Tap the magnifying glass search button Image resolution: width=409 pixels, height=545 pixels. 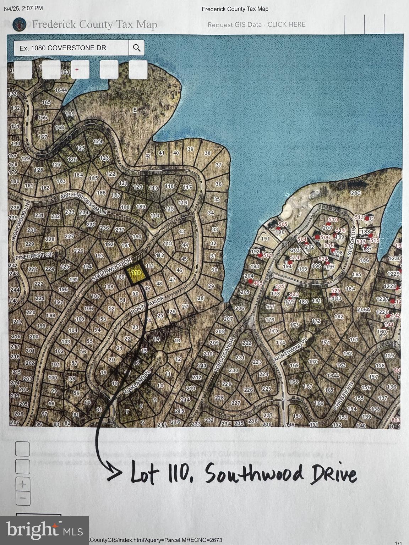[x=137, y=48]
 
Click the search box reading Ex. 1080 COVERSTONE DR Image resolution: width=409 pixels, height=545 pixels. [x=71, y=48]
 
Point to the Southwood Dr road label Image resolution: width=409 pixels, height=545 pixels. [x=111, y=269]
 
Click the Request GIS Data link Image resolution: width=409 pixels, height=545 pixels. [x=256, y=24]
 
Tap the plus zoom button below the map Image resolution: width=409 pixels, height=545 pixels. [x=23, y=484]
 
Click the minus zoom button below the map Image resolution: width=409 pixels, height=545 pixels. [x=23, y=498]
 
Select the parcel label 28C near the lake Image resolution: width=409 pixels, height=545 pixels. [x=355, y=193]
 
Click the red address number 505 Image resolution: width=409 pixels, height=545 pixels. [x=283, y=224]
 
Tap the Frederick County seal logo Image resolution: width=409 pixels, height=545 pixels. [x=19, y=24]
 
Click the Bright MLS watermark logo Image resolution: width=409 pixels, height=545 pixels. [x=44, y=530]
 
